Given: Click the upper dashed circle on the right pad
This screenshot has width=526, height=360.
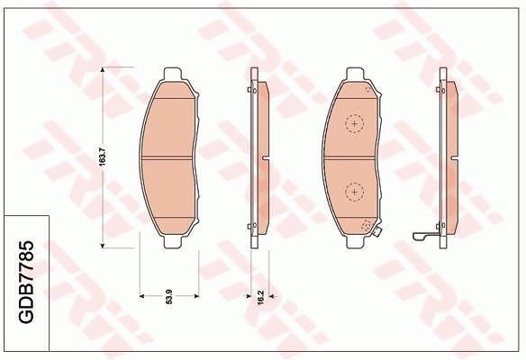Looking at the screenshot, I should pyautogui.click(x=355, y=121).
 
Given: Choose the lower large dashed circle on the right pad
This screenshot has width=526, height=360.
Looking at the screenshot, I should pyautogui.click(x=355, y=191).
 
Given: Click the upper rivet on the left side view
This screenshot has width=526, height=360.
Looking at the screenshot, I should pyautogui.click(x=251, y=89).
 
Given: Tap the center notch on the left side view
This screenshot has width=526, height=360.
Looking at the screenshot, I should pyautogui.click(x=264, y=157).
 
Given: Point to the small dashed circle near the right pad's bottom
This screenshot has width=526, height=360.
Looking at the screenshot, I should pyautogui.click(x=366, y=226).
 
